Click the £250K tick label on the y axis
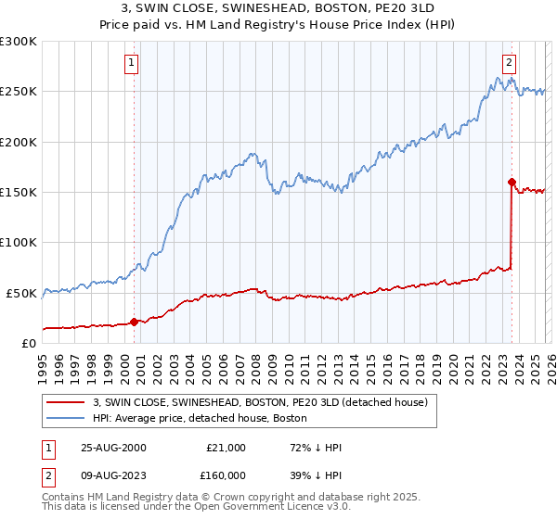(x=18, y=92)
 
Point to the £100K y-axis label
(x=18, y=242)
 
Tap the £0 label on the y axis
(x=27, y=343)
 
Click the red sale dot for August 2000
(x=134, y=322)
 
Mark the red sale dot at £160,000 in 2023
(x=512, y=182)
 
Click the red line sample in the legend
(x=66, y=402)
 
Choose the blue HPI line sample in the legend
(x=66, y=419)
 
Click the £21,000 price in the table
(x=226, y=448)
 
